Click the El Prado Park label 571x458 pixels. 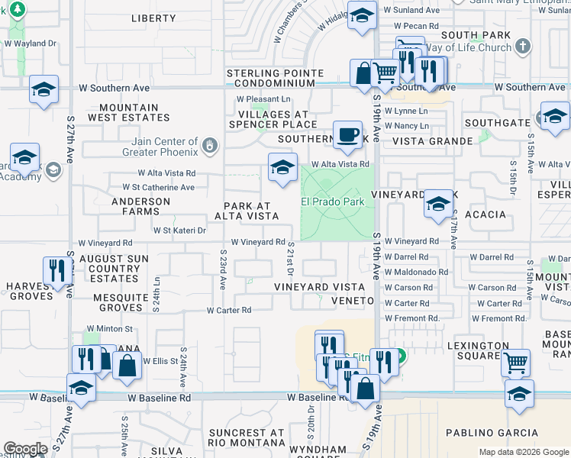point(332,202)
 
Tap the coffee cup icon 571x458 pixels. point(349,134)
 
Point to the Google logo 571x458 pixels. point(25,449)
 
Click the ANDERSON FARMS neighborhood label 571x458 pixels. point(140,207)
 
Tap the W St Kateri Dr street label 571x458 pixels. point(180,230)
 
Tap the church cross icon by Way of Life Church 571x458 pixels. point(522,47)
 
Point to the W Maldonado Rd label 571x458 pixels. point(416,272)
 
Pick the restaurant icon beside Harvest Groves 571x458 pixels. point(57,271)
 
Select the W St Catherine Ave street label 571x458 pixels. point(153,187)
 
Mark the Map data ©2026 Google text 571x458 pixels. point(523,452)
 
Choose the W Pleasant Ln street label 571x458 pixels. point(263,99)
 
